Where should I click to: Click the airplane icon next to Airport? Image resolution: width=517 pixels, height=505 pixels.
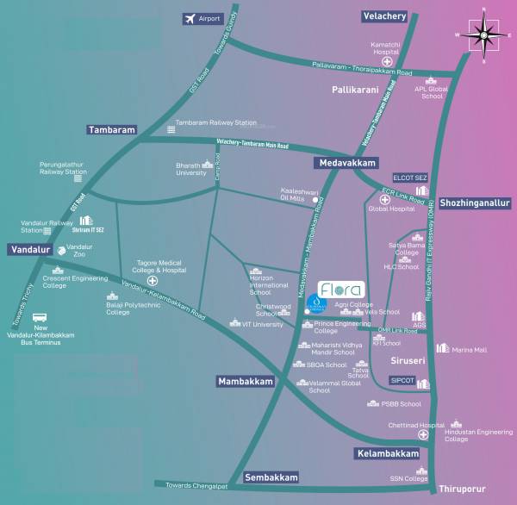[190, 18]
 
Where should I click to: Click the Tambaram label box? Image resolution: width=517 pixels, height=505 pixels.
[111, 130]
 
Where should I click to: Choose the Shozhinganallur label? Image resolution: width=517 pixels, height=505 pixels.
[475, 203]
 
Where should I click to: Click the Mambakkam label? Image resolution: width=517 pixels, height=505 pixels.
[246, 381]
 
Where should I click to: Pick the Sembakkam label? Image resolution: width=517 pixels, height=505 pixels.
[271, 477]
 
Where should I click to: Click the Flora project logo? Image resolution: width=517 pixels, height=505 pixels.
[341, 289]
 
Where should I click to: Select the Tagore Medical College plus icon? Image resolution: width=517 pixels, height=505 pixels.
[153, 281]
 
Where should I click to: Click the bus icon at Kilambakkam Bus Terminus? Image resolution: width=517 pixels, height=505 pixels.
[40, 316]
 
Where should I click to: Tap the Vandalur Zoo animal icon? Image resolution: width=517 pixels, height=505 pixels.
[61, 251]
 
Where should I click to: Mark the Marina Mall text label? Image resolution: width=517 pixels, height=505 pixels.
[469, 350]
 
